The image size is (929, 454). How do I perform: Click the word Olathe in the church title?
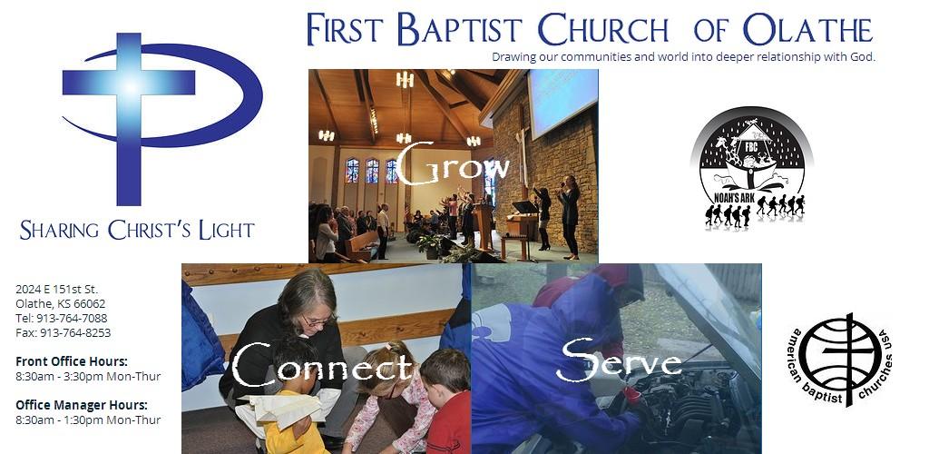808,30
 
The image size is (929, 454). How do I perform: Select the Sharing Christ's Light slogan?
137,230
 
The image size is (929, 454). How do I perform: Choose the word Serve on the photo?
619,360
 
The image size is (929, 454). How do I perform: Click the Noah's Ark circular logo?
751,168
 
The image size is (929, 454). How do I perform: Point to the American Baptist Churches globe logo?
839,360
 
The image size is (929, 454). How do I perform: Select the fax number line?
64,333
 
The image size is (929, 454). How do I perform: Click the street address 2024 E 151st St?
57,290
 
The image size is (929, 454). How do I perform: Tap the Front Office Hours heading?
72,361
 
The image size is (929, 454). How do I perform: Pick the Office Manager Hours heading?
82,405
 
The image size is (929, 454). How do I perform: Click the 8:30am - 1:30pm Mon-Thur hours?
88,420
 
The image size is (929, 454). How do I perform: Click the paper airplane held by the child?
283,410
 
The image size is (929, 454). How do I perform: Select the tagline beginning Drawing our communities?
684,57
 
